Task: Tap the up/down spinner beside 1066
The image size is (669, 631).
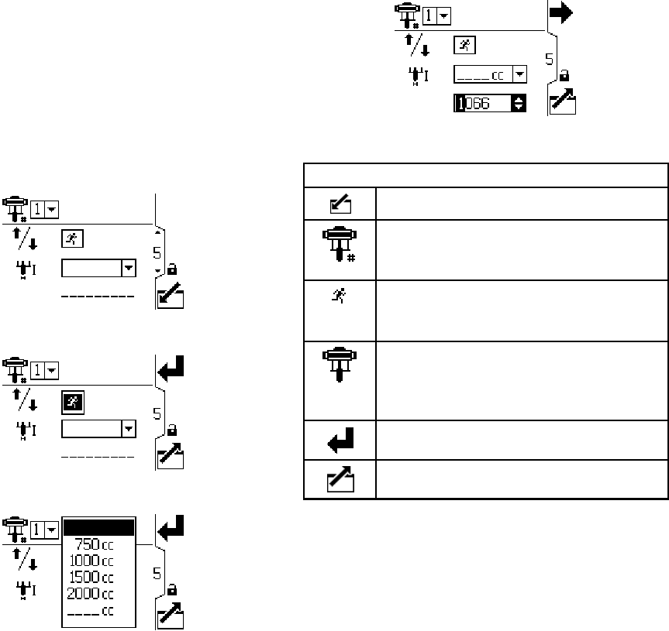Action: coord(519,103)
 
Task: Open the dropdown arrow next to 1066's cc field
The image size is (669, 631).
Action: coord(519,74)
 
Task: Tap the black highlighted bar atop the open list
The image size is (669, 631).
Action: coord(99,527)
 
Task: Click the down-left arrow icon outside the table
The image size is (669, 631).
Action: coord(171,295)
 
